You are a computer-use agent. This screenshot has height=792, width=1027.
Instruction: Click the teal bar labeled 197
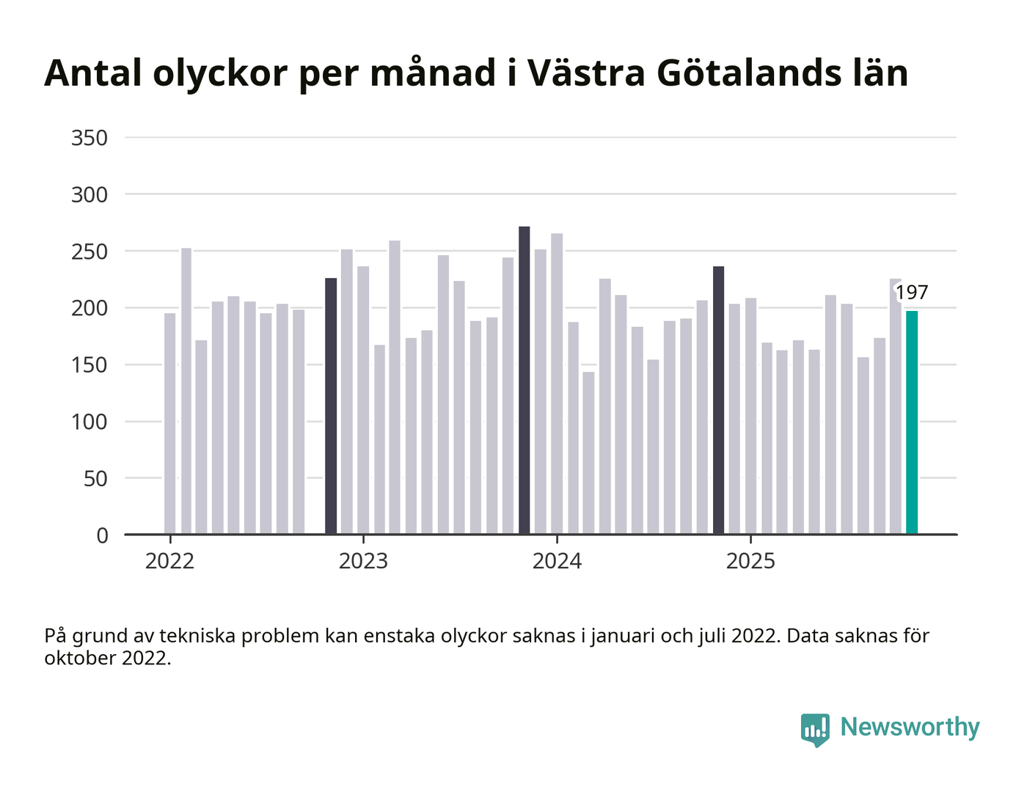coord(912,422)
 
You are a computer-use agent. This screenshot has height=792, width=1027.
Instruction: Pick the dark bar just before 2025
coord(718,400)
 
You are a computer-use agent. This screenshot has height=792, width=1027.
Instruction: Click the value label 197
coord(912,293)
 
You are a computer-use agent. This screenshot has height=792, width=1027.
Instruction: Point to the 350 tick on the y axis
coord(89,138)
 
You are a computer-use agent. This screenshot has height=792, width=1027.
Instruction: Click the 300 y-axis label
coord(89,194)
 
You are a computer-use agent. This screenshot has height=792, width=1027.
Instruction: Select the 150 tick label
coord(89,364)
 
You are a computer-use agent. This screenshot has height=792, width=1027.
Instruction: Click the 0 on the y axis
coord(102,535)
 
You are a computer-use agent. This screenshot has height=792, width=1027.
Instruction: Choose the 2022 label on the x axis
coord(169,562)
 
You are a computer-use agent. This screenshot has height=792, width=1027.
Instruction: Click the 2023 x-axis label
coord(363,562)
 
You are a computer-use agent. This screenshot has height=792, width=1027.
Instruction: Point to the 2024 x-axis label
coord(557,562)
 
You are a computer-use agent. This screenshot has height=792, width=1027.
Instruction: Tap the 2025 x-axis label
coord(750,562)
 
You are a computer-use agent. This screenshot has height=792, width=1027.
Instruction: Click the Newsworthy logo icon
coord(815,729)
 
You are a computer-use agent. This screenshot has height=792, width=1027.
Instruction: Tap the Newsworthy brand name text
coord(910,727)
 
